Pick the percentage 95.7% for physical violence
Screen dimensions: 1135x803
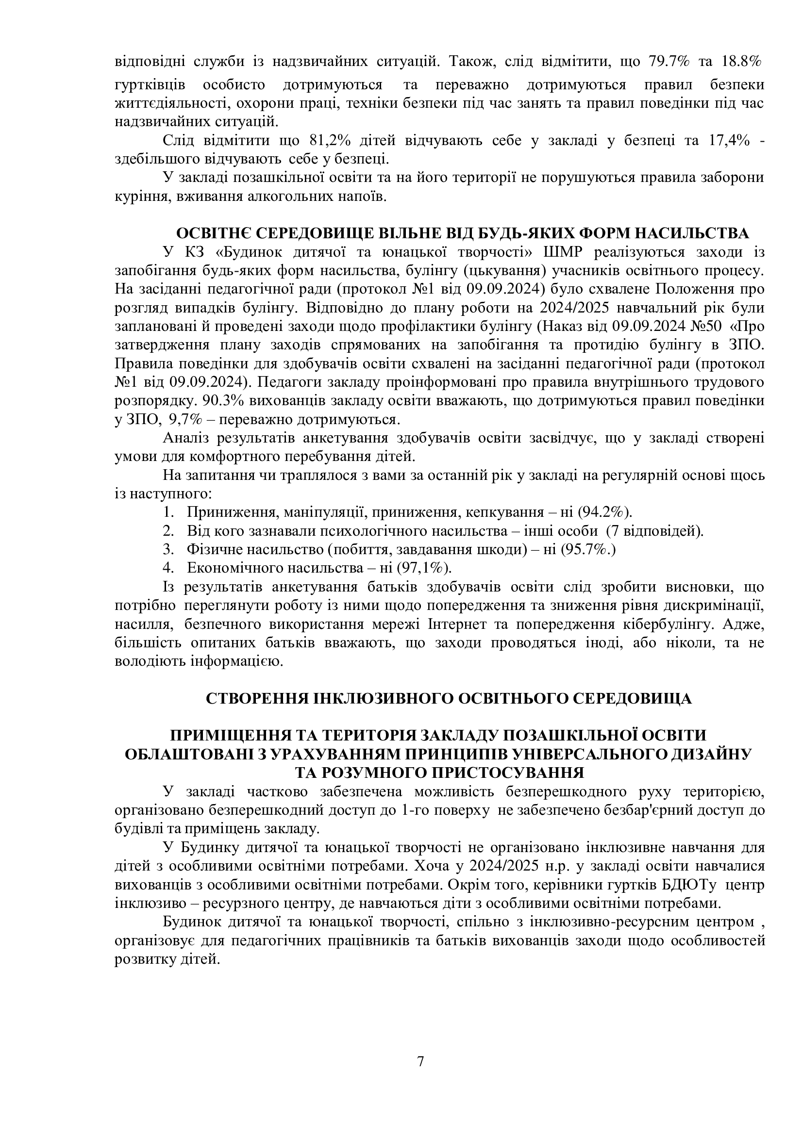pyautogui.click(x=589, y=550)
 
